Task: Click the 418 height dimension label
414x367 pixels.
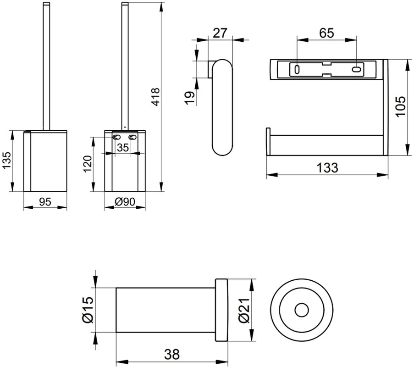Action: pyautogui.click(x=155, y=97)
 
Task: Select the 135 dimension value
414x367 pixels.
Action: pyautogui.click(x=6, y=161)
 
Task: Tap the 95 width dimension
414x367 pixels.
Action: pyautogui.click(x=45, y=201)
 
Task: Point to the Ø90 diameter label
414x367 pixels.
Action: pyautogui.click(x=125, y=201)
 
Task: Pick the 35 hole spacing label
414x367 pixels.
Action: pyautogui.click(x=122, y=148)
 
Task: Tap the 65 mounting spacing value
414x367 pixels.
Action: pyautogui.click(x=326, y=33)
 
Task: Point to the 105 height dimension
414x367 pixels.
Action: pyautogui.click(x=400, y=106)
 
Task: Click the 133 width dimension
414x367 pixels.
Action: pyautogui.click(x=327, y=168)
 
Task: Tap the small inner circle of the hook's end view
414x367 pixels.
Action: pyautogui.click(x=301, y=310)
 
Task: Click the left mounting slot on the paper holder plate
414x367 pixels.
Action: pyautogui.click(x=297, y=70)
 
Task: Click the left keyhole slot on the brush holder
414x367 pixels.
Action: pyautogui.click(x=115, y=137)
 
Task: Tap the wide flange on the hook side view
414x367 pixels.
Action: pyautogui.click(x=221, y=310)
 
